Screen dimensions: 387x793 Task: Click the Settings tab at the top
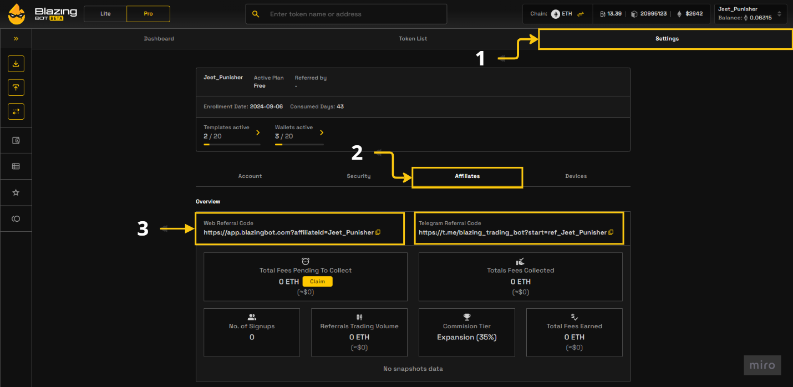tap(666, 39)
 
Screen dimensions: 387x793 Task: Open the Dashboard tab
tap(159, 39)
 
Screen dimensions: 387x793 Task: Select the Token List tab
tap(413, 39)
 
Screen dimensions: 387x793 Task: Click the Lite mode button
tap(105, 14)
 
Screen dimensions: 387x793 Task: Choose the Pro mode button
tap(148, 14)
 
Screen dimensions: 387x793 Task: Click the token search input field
tap(355, 14)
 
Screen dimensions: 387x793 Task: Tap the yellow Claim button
tap(317, 282)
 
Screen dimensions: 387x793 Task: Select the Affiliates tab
tap(467, 176)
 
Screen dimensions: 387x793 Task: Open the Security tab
tap(358, 176)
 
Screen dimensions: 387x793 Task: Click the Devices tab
tap(576, 176)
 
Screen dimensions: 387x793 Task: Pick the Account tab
tap(250, 176)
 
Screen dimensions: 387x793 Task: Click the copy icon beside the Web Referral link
tap(378, 232)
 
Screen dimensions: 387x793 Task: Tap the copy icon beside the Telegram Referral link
tap(611, 232)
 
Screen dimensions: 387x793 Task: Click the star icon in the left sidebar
tap(16, 192)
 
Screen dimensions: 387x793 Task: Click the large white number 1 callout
tap(481, 58)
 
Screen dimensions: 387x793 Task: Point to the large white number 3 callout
tap(143, 228)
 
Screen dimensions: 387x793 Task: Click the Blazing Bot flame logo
tap(16, 14)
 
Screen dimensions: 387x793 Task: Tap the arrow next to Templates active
tap(258, 133)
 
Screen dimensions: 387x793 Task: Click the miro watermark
tap(762, 365)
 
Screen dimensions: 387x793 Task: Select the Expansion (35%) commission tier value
tap(466, 337)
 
